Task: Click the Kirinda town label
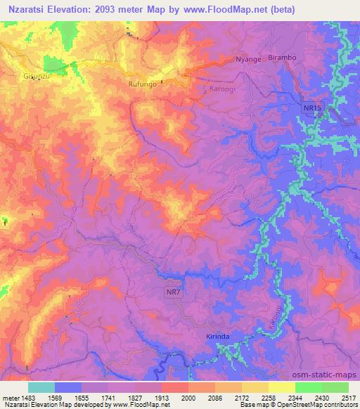[x=219, y=337]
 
